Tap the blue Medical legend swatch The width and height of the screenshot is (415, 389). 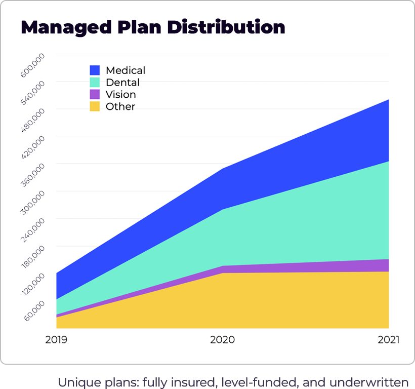95,70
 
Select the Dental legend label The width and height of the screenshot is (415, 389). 122,83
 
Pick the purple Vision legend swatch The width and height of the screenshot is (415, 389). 95,94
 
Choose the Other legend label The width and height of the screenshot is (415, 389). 120,106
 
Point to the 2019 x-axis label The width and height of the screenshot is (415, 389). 56,340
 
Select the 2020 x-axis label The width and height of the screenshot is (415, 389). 222,340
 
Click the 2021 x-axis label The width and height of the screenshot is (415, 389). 388,340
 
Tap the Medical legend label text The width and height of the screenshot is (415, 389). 126,70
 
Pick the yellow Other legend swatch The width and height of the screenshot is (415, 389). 95,106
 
